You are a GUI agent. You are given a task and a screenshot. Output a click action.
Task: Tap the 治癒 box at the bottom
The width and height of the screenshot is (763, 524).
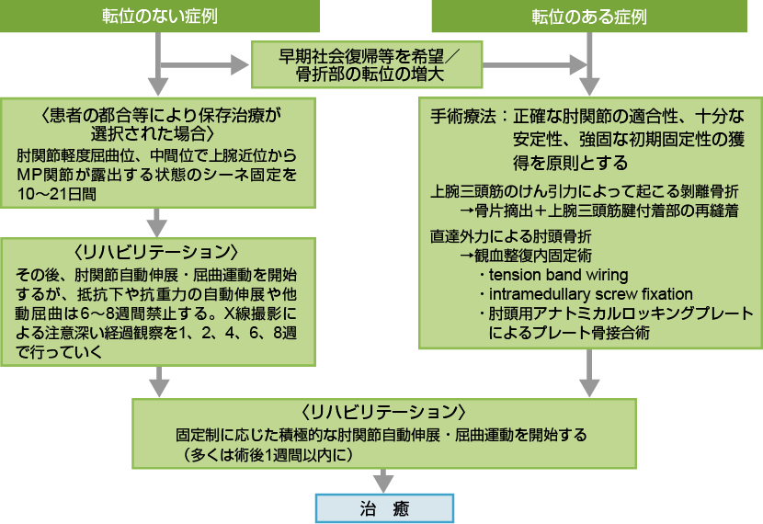pyautogui.click(x=384, y=507)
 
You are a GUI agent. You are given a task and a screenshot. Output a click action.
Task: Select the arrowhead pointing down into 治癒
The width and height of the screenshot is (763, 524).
pyautogui.click(x=384, y=482)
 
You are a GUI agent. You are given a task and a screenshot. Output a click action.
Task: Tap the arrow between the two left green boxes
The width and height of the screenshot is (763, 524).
pyautogui.click(x=161, y=222)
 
